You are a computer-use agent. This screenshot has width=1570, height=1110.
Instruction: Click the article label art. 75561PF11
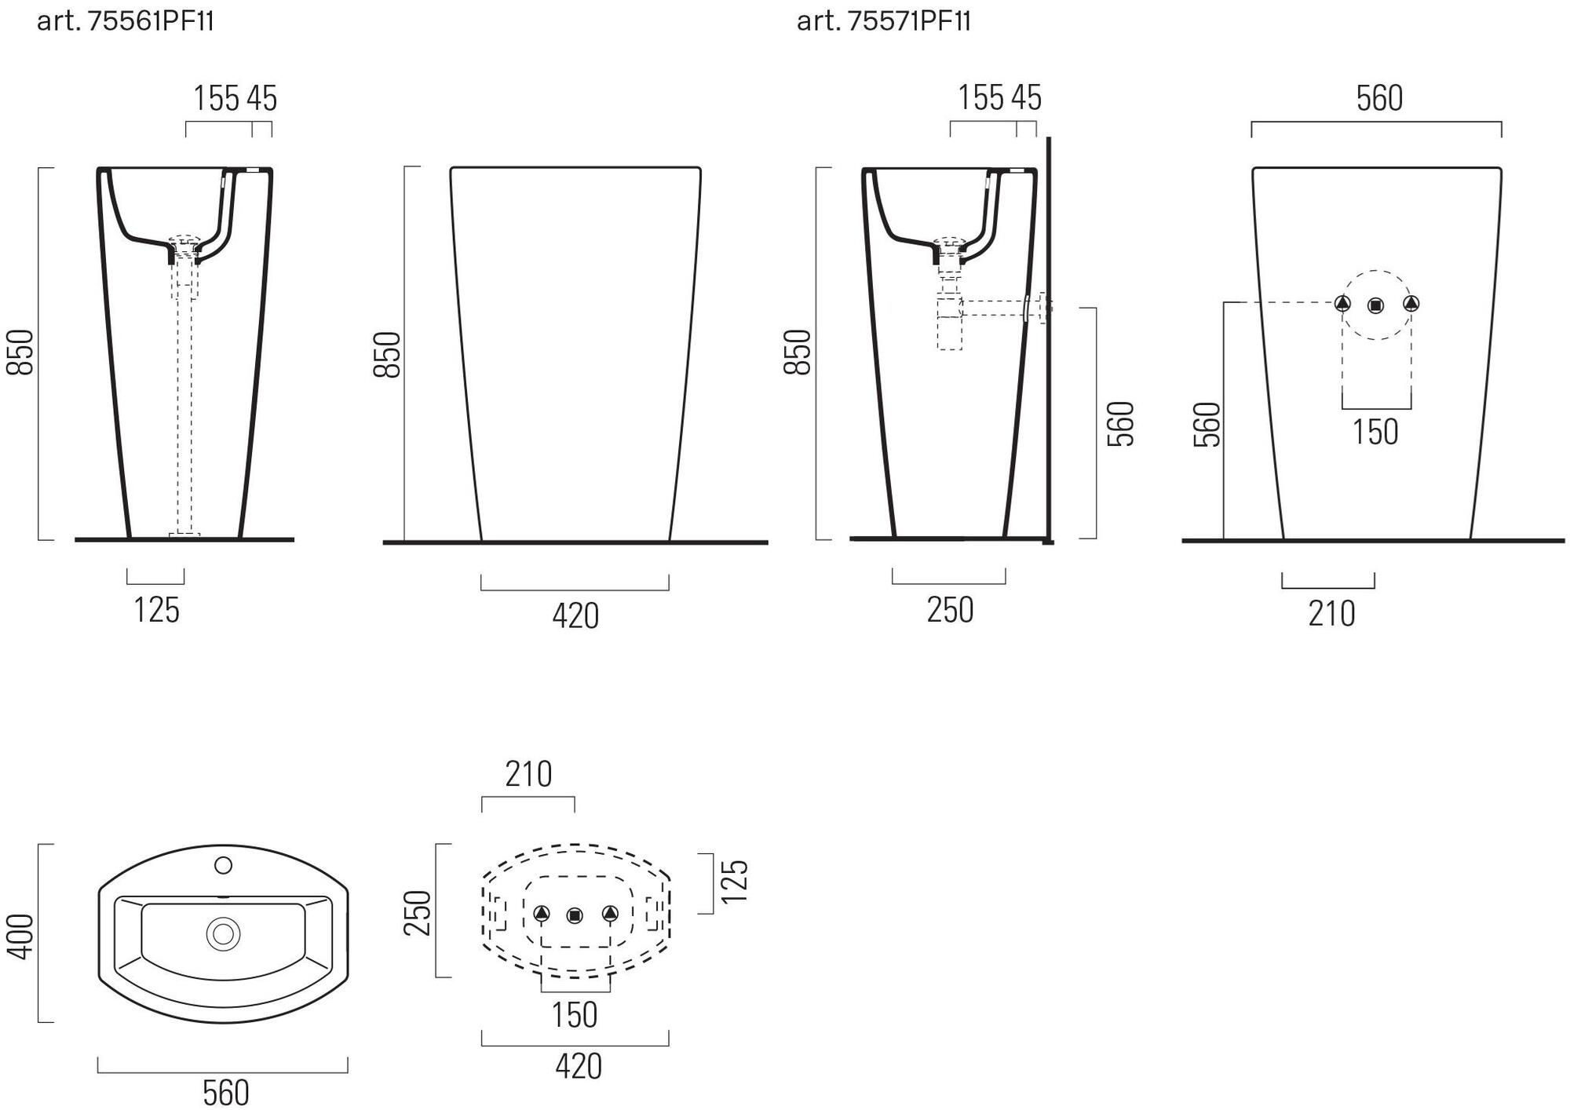(x=126, y=21)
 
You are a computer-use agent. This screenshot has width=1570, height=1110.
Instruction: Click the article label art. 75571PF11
(x=884, y=21)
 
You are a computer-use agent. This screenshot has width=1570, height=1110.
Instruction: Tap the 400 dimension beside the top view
(x=20, y=936)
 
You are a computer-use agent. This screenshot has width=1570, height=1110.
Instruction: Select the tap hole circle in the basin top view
(x=223, y=865)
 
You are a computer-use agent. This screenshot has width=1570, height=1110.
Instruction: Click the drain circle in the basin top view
(x=223, y=934)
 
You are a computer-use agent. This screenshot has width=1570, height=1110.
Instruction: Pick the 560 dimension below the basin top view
(x=225, y=1092)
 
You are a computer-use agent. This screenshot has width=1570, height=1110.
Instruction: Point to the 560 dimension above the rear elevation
(x=1379, y=98)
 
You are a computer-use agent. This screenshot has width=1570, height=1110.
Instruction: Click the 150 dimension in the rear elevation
(x=1375, y=432)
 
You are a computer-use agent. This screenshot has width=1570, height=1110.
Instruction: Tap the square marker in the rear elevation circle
(x=1375, y=306)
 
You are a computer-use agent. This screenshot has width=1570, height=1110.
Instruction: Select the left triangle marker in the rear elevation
(x=1342, y=303)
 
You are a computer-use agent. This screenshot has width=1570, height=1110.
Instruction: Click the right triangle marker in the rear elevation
(x=1411, y=303)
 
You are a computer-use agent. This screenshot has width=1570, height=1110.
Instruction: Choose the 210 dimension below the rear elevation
(x=1331, y=613)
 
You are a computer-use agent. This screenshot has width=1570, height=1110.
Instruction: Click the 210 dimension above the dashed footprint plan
(x=528, y=774)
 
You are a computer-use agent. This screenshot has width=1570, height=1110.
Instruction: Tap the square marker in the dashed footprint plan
(x=575, y=915)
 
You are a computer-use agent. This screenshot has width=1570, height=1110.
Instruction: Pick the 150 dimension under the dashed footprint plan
(x=575, y=1014)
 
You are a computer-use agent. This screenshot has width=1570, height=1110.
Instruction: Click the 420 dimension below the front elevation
(x=575, y=616)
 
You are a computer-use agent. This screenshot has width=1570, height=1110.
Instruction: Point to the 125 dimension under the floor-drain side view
(x=156, y=610)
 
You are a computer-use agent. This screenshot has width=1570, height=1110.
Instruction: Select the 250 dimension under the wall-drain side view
(x=950, y=610)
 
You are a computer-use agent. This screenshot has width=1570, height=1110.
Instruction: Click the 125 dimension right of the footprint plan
(x=734, y=882)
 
